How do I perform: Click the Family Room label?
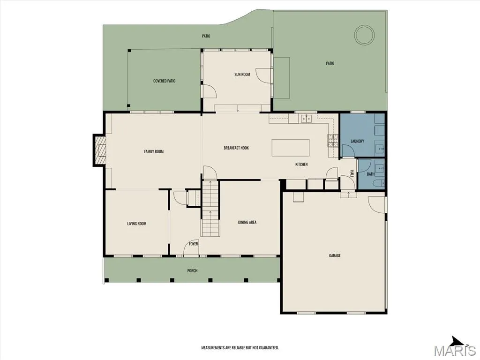pyautogui.click(x=154, y=151)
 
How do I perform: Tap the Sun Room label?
pyautogui.click(x=242, y=75)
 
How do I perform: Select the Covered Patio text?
pyautogui.click(x=165, y=81)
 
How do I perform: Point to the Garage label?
pyautogui.click(x=335, y=255)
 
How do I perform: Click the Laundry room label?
pyautogui.click(x=357, y=141)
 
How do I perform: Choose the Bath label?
pyautogui.click(x=370, y=174)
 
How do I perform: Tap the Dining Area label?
pyautogui.click(x=247, y=223)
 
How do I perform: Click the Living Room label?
pyautogui.click(x=137, y=224)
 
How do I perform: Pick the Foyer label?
pyautogui.click(x=193, y=244)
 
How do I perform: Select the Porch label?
pyautogui.click(x=192, y=271)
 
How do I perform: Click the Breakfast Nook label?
pyautogui.click(x=236, y=148)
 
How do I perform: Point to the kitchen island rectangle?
pyautogui.click(x=291, y=148)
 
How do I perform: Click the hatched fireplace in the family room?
pyautogui.click(x=100, y=151)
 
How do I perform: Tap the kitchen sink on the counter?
pyautogui.click(x=306, y=118)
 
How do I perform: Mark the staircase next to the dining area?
pyautogui.click(x=210, y=208)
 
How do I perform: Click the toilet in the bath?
pyautogui.click(x=378, y=184)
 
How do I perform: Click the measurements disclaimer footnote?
pyautogui.click(x=240, y=348)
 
